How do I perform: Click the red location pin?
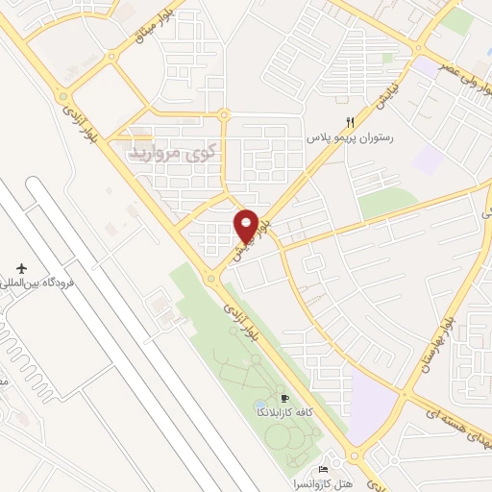[x=247, y=226]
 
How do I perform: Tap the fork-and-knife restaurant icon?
[x=351, y=122]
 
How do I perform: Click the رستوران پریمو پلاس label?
[x=353, y=138]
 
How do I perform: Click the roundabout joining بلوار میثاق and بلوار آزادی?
[x=62, y=97]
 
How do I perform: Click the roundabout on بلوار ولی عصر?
[x=419, y=50]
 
